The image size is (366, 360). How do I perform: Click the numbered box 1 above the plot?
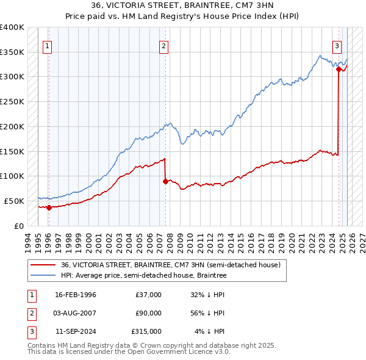[47, 45]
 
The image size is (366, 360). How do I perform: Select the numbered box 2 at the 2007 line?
[164, 45]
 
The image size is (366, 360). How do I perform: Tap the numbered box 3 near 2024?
[337, 45]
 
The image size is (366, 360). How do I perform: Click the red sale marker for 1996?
[49, 207]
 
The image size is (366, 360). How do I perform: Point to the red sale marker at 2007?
[165, 181]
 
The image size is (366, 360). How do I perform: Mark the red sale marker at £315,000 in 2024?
[339, 70]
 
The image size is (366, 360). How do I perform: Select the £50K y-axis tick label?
[15, 201]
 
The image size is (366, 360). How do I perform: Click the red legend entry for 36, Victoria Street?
[170, 265]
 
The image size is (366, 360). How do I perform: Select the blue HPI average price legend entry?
[143, 276]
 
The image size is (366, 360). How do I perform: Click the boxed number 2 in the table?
[29, 313]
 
